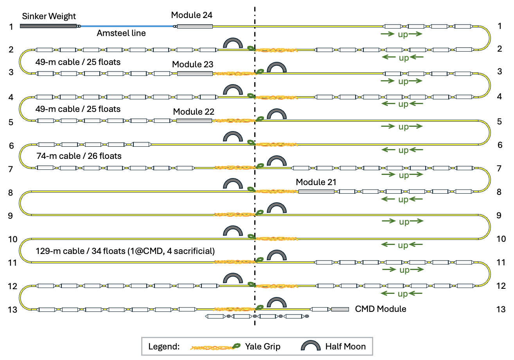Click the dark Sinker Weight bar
click(48, 26)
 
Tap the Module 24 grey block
click(195, 26)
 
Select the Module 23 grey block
click(195, 74)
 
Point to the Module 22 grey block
click(194, 121)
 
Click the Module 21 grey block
click(316, 191)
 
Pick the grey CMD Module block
click(340, 309)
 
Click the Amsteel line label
click(121, 34)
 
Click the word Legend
click(164, 347)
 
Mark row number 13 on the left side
click(12, 310)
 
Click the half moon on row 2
click(232, 44)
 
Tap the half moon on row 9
click(277, 208)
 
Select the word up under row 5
click(403, 127)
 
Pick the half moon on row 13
click(277, 302)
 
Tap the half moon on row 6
click(232, 137)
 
